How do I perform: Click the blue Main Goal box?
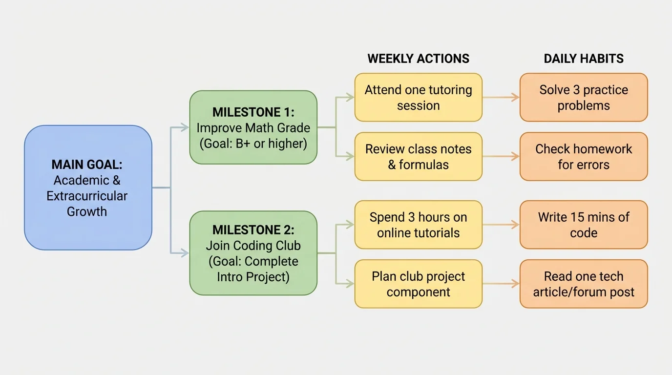pos(88,187)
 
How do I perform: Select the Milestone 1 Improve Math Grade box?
pos(253,127)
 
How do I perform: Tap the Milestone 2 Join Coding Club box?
pos(253,253)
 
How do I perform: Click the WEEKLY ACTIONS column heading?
pos(418,59)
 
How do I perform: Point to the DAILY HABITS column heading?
pos(584,59)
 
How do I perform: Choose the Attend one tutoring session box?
pos(418,98)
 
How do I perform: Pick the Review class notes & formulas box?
pos(418,157)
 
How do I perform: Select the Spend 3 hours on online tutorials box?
pos(418,225)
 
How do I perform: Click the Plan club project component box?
pos(418,284)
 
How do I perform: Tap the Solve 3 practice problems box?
pos(584,98)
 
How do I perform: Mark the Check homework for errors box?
pos(584,157)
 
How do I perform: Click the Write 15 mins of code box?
pos(584,225)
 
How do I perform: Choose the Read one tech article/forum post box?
pos(584,284)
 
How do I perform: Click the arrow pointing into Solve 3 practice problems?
pos(501,98)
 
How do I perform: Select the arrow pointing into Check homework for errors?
pos(501,157)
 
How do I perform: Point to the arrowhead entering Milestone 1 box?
pos(185,127)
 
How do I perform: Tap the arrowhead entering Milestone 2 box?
pos(185,253)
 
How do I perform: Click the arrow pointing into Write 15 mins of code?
pos(501,225)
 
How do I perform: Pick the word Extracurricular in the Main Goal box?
pos(87,196)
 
